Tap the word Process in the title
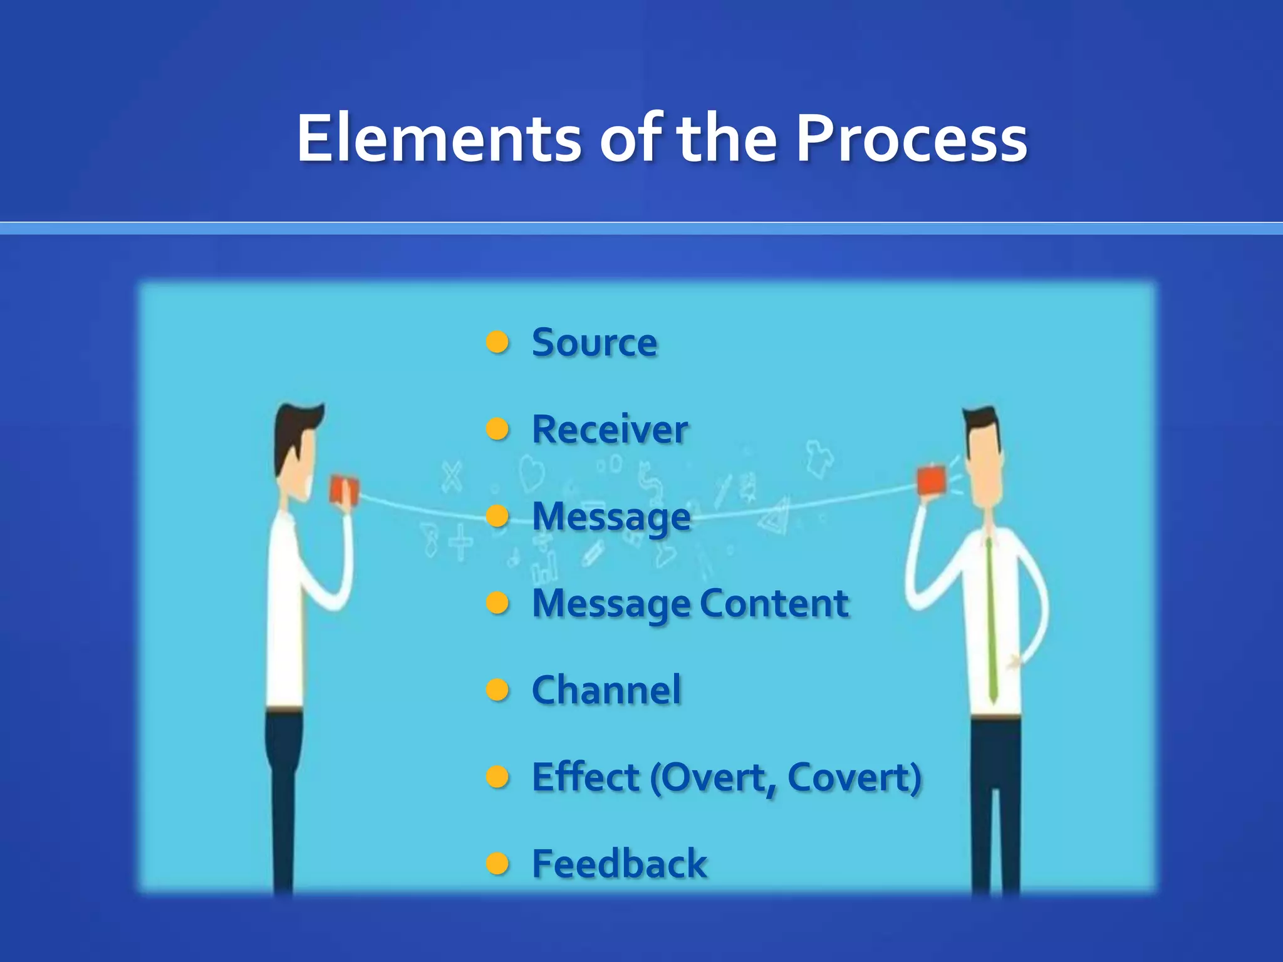coord(911,139)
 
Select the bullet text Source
coord(595,343)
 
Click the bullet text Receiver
coord(610,430)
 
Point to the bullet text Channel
coord(606,690)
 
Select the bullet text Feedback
coord(619,864)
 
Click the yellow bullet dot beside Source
coord(497,343)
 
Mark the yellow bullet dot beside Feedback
coord(497,864)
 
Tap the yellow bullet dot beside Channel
coord(497,690)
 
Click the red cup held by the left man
coord(343,490)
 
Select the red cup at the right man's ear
coord(931,481)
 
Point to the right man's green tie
coord(991,620)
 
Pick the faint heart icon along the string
coord(531,473)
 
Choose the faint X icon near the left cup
coord(452,477)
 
